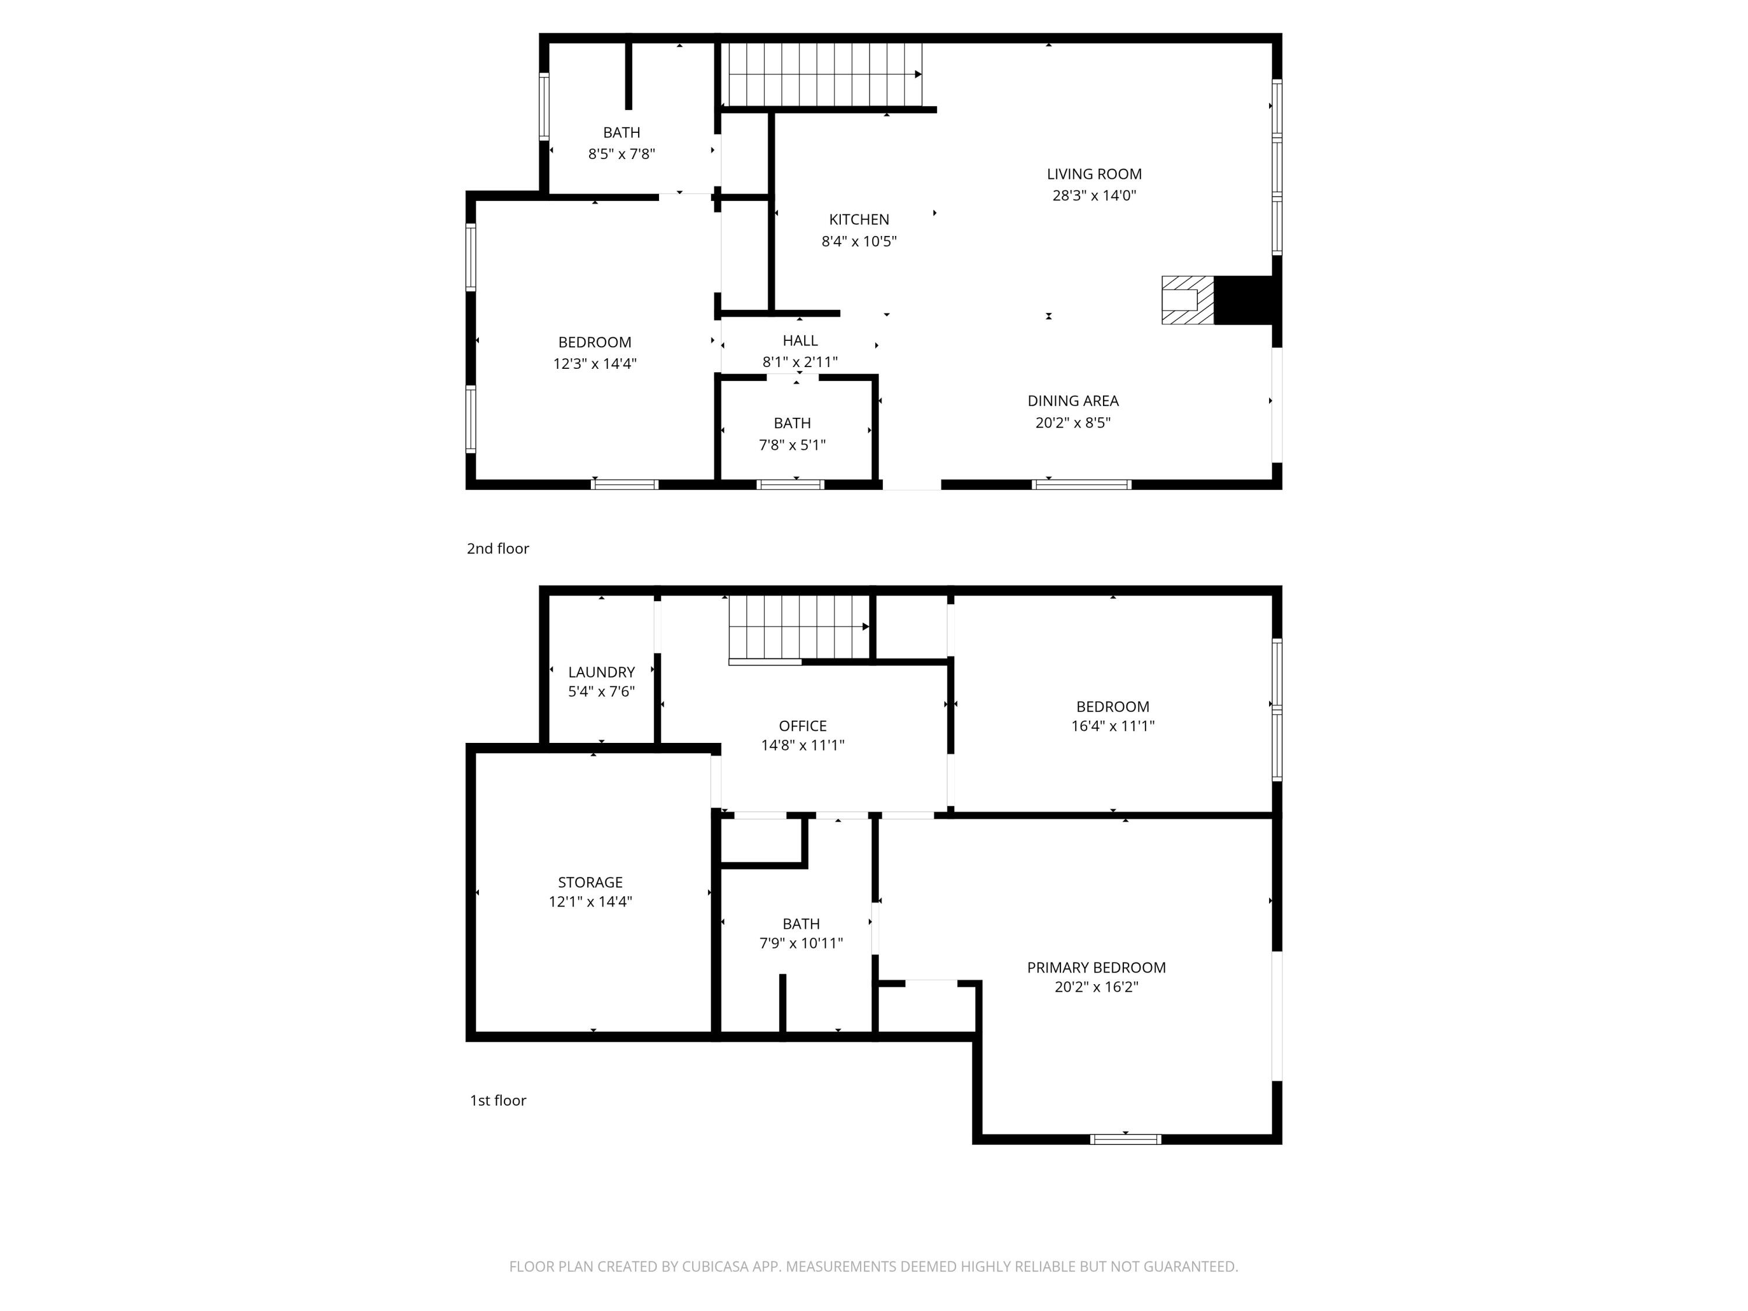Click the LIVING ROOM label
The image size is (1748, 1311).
pyautogui.click(x=1094, y=174)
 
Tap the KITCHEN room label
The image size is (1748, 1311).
pyautogui.click(x=859, y=220)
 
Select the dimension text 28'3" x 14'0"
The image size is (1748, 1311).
pyautogui.click(x=1094, y=195)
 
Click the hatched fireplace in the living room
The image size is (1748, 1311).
pyautogui.click(x=1187, y=299)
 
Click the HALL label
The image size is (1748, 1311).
pyautogui.click(x=800, y=341)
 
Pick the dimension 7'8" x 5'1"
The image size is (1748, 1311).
pyautogui.click(x=792, y=445)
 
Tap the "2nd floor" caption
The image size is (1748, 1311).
pyautogui.click(x=498, y=548)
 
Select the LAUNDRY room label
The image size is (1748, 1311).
pyautogui.click(x=601, y=672)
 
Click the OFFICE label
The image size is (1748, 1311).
pyautogui.click(x=803, y=725)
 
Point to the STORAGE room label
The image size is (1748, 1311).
pyautogui.click(x=590, y=882)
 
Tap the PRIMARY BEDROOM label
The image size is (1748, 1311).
pyautogui.click(x=1096, y=967)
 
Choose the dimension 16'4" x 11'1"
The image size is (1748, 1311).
pyautogui.click(x=1113, y=726)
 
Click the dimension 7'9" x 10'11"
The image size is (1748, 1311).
pyautogui.click(x=801, y=943)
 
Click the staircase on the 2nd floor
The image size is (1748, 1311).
pyautogui.click(x=825, y=74)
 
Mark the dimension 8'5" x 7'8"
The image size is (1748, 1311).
pyautogui.click(x=621, y=154)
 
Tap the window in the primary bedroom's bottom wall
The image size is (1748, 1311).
pyautogui.click(x=1125, y=1139)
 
